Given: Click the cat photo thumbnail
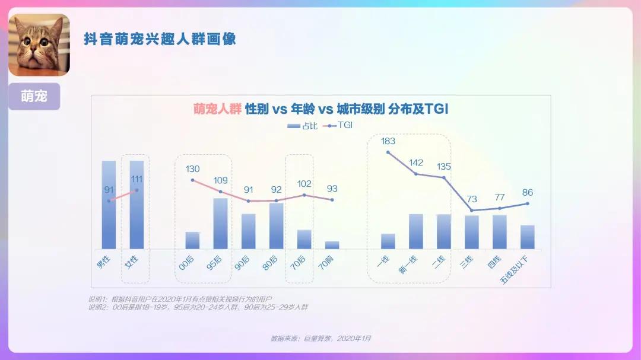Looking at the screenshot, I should coord(39,45).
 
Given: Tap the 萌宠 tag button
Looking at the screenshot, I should coord(34,95).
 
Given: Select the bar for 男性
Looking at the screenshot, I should coord(109,205).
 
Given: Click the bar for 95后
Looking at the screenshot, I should coord(220,223).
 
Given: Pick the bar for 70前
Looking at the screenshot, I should coord(332,244).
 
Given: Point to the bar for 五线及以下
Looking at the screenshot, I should coord(528,237).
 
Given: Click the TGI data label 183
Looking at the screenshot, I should coord(388,141).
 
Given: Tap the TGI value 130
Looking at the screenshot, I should coord(192,169).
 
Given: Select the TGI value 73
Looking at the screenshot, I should coord(472,199).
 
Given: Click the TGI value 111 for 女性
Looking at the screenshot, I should coord(137,179).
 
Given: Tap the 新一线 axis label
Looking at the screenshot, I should coord(408,264).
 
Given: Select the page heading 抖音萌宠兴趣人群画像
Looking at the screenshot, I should coord(160,39).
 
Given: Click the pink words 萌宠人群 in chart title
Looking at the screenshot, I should coord(217,109).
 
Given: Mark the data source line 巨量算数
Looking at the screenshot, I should coord(320,338).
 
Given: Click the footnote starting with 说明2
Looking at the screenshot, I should coord(198,307).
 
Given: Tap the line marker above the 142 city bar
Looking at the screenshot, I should coord(416,174).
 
